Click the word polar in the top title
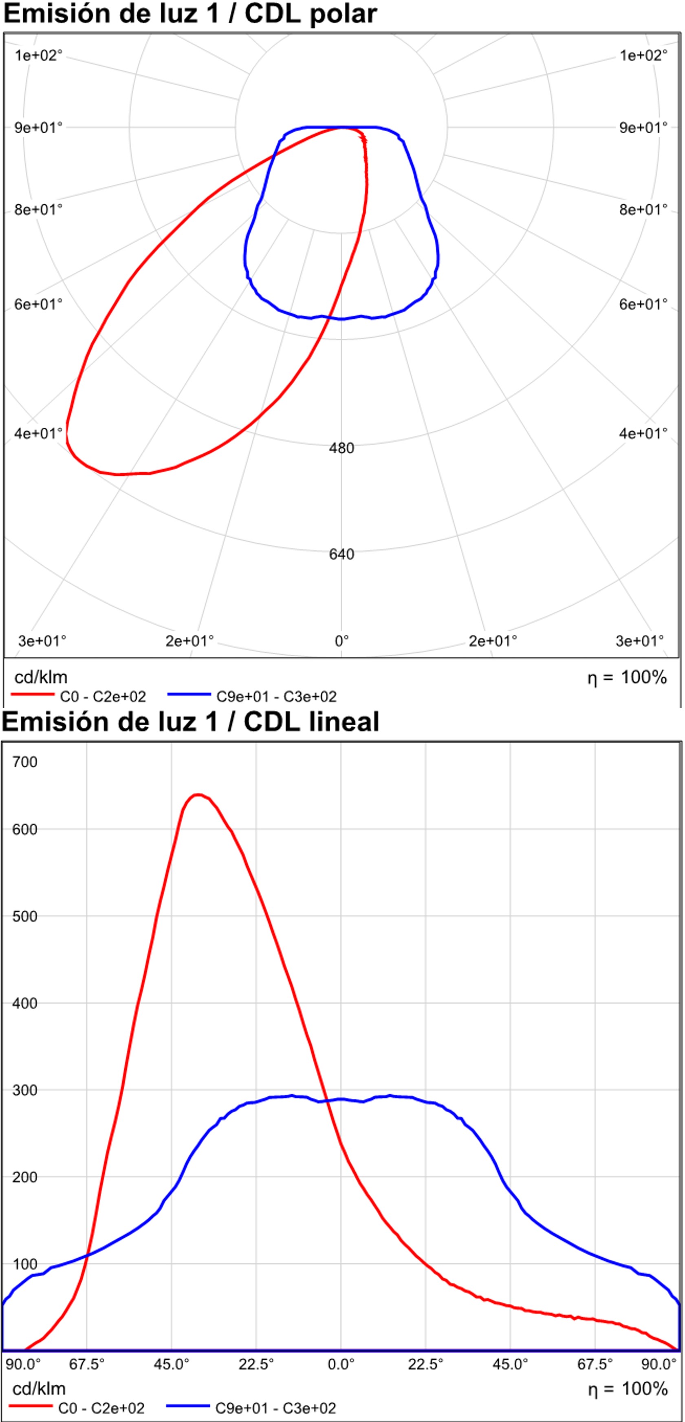click(344, 14)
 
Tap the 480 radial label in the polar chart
click(341, 448)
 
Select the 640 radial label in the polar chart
click(341, 554)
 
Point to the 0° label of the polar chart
click(341, 641)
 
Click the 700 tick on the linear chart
click(25, 762)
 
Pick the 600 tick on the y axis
click(25, 830)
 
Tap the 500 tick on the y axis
click(25, 917)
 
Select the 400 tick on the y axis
click(25, 1004)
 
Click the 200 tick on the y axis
click(25, 1177)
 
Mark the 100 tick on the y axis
click(25, 1265)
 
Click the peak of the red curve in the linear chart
click(198, 795)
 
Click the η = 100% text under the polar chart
click(627, 677)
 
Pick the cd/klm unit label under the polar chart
click(41, 677)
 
